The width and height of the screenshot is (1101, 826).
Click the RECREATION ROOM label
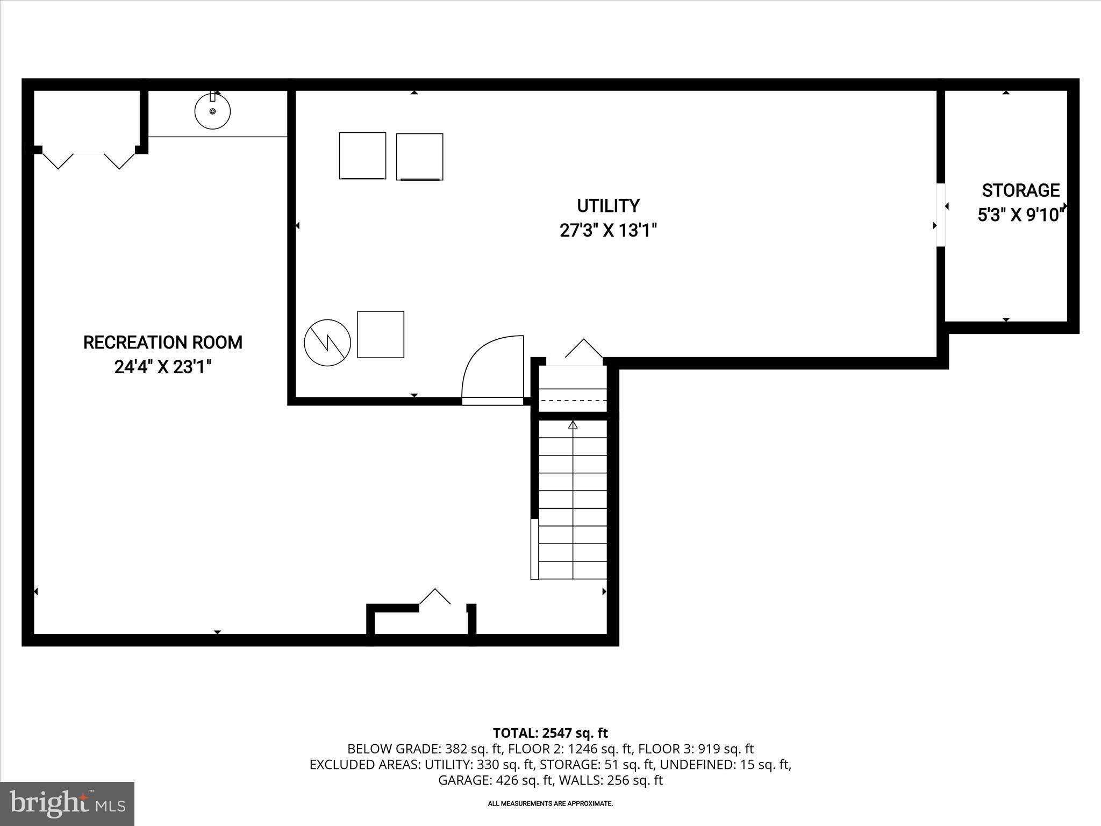tap(162, 343)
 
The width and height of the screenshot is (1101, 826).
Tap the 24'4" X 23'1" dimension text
tap(162, 367)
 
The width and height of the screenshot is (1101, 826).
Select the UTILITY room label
tap(608, 206)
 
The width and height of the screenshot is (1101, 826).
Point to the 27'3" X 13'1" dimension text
tap(608, 231)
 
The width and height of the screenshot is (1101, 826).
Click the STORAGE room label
tap(1020, 190)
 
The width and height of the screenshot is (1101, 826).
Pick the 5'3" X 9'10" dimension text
tap(1020, 215)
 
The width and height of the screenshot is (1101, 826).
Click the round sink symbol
tap(212, 111)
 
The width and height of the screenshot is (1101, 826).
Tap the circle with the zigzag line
tap(327, 343)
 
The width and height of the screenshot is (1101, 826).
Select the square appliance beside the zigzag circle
tap(381, 334)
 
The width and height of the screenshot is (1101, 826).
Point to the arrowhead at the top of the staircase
tap(573, 425)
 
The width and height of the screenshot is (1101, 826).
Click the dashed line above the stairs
tap(573, 401)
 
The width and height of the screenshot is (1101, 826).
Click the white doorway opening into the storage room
tap(940, 215)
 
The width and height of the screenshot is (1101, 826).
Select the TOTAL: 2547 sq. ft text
tap(550, 733)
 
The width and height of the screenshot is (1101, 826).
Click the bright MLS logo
tap(67, 803)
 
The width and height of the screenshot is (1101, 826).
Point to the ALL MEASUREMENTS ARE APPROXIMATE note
tap(550, 803)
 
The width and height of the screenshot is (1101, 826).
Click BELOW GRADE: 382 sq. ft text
tap(424, 749)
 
